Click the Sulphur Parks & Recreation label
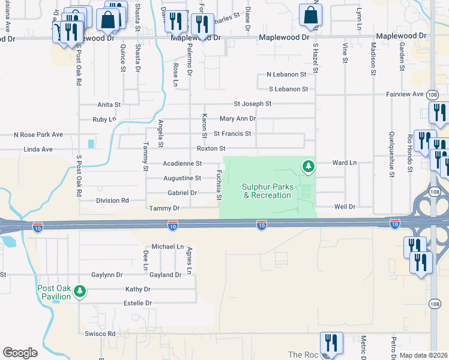coord(267,191)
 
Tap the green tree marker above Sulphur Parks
coord(309,165)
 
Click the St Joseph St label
coord(253,104)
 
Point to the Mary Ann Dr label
coord(238,119)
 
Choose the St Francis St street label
coord(232,133)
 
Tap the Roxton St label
coord(211,148)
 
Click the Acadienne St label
coord(182,163)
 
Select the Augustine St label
coord(182,178)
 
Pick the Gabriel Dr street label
coord(182,193)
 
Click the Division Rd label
coord(112,201)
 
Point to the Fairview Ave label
coord(405,94)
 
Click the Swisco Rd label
coord(100,334)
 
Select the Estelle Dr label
coord(138,304)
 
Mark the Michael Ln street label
coord(167,247)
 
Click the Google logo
coord(20,353)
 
